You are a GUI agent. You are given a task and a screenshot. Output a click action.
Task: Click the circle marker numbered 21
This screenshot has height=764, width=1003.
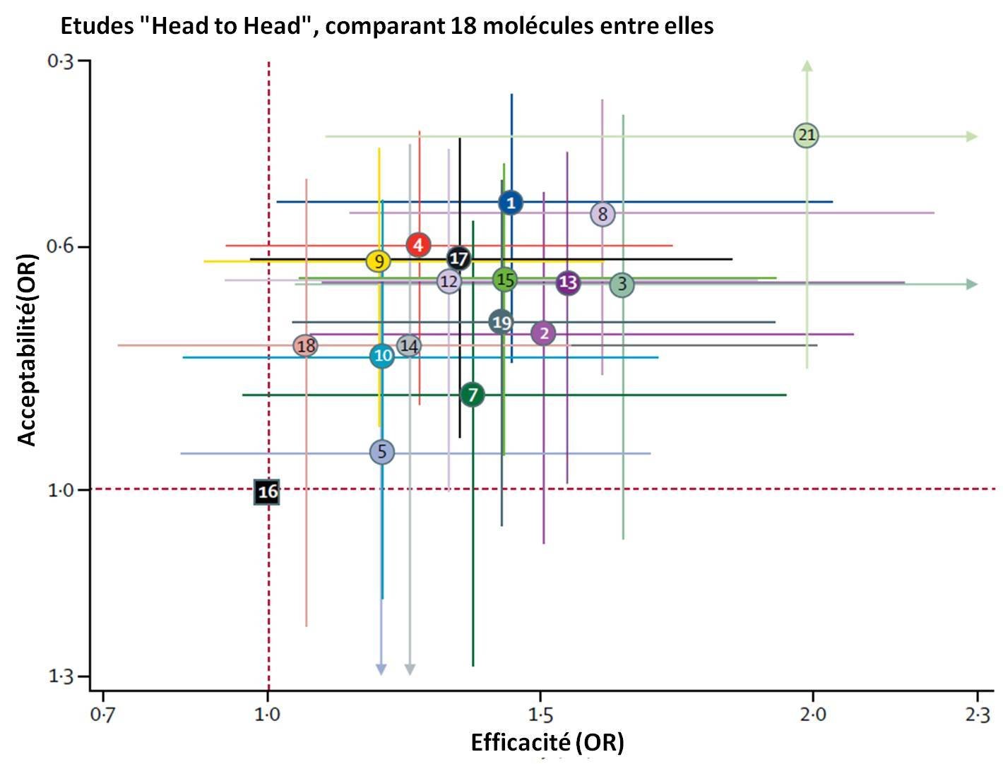click(x=806, y=135)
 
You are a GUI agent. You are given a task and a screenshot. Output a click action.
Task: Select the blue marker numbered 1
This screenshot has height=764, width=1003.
click(x=511, y=203)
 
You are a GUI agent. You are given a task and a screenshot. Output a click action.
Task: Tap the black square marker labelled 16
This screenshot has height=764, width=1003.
click(x=267, y=492)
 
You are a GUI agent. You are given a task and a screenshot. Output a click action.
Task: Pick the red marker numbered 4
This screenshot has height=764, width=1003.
click(x=419, y=246)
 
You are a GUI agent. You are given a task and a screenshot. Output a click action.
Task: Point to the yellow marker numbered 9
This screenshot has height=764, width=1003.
click(x=379, y=261)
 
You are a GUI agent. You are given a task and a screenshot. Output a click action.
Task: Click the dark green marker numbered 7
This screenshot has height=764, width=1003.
click(x=473, y=394)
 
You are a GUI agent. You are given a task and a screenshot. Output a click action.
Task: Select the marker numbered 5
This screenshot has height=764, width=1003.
click(x=382, y=452)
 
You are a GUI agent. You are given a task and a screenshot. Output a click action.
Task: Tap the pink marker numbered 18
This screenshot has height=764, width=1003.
click(x=306, y=346)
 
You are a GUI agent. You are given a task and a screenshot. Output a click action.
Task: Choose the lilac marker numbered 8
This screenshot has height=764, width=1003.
click(x=603, y=214)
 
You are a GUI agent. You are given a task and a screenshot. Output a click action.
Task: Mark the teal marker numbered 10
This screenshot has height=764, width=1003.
click(x=382, y=355)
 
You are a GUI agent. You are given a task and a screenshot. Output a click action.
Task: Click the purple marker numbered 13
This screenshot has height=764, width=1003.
click(x=568, y=282)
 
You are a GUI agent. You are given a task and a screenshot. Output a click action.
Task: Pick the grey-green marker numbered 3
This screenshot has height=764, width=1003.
click(x=622, y=285)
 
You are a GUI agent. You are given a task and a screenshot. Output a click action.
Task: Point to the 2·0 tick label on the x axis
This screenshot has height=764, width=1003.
click(x=813, y=715)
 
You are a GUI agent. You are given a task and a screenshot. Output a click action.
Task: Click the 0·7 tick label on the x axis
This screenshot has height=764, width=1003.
click(x=103, y=715)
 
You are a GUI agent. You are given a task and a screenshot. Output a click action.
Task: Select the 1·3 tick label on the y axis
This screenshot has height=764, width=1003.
click(x=61, y=677)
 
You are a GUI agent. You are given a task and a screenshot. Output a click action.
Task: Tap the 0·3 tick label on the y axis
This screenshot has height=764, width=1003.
click(x=61, y=61)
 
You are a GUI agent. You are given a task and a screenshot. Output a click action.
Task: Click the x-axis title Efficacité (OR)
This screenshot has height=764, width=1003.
click(x=547, y=742)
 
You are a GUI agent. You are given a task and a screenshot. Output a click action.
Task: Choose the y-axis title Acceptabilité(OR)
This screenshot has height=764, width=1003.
click(x=27, y=350)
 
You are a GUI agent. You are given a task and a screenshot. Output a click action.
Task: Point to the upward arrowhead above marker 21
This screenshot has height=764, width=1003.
click(x=807, y=66)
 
